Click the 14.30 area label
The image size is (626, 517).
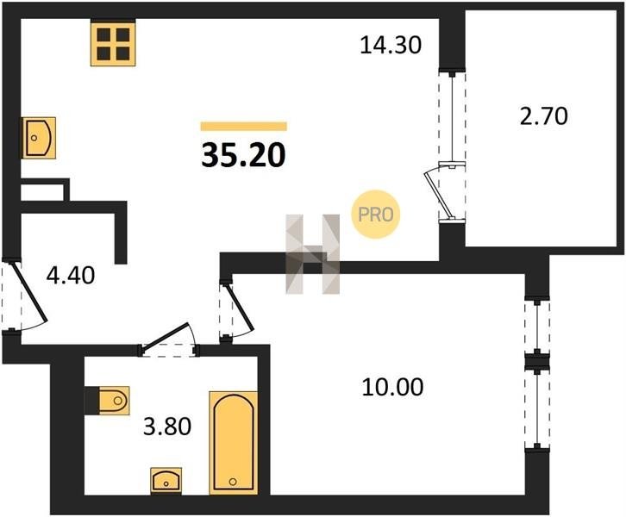391,45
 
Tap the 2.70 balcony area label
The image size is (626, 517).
543,116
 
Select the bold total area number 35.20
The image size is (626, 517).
243,155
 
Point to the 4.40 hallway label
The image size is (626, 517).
71,275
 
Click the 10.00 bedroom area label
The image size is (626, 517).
392,388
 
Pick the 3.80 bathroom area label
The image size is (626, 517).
167,426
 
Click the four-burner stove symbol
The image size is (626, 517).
113,44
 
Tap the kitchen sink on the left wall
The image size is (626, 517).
38,138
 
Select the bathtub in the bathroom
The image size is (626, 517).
234,443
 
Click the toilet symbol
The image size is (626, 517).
113,400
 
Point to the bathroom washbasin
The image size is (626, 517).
166,480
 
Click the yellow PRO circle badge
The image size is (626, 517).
375,215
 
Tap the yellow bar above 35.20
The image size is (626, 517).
243,127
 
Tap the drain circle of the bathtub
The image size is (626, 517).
233,482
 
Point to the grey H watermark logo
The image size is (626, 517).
313,254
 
